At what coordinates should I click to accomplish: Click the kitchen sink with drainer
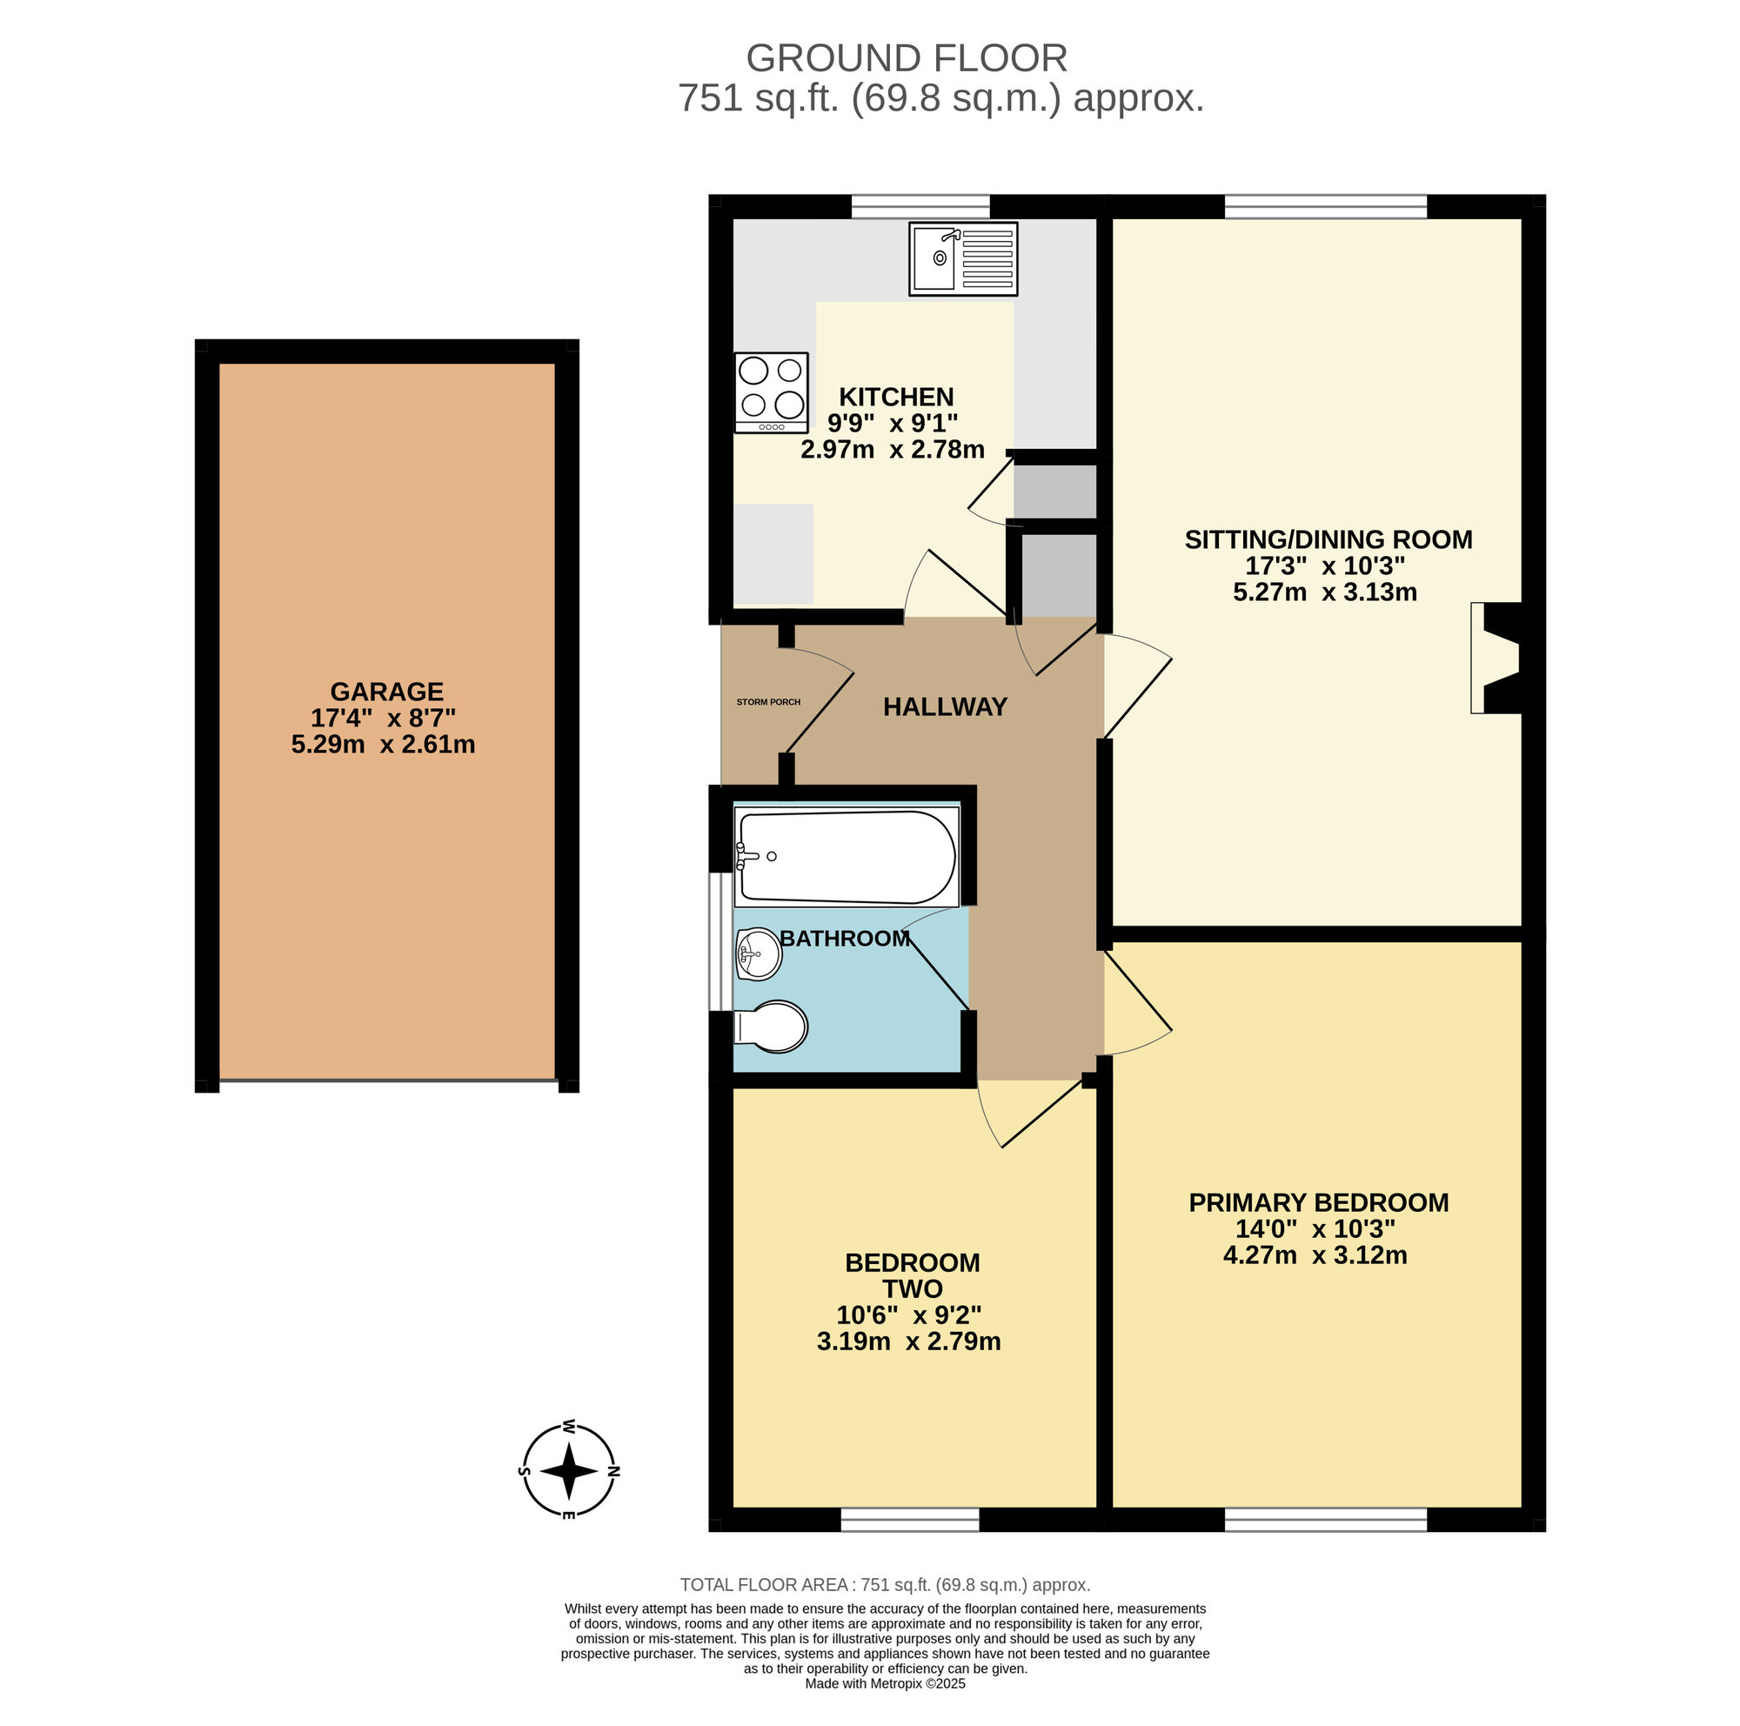pyautogui.click(x=963, y=259)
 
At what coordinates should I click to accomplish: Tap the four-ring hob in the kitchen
pyautogui.click(x=771, y=392)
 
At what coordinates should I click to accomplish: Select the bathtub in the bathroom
pyautogui.click(x=846, y=856)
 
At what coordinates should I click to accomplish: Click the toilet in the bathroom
pyautogui.click(x=771, y=1027)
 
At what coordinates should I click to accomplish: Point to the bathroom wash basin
pyautogui.click(x=759, y=953)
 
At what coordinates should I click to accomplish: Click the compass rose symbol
pyautogui.click(x=569, y=1471)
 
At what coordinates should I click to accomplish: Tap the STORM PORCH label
pyautogui.click(x=768, y=702)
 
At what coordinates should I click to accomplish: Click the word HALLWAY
pyautogui.click(x=945, y=706)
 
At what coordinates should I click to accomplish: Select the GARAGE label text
pyautogui.click(x=386, y=692)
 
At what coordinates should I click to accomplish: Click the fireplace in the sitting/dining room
pyautogui.click(x=1496, y=659)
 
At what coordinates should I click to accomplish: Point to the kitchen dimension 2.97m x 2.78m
pyautogui.click(x=893, y=449)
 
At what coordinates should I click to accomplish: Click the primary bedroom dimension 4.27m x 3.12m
pyautogui.click(x=1315, y=1255)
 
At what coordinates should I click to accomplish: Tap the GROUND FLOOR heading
pyautogui.click(x=906, y=58)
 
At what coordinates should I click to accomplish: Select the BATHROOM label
pyautogui.click(x=845, y=938)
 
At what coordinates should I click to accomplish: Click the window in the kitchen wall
pyautogui.click(x=920, y=207)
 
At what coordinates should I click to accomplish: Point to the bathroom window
pyautogui.click(x=720, y=941)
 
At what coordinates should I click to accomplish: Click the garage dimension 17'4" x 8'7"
pyautogui.click(x=384, y=719)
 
